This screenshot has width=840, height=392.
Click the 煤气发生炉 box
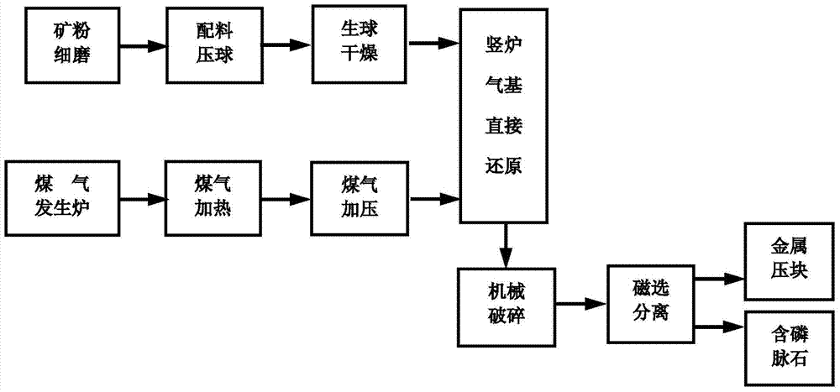click(x=63, y=198)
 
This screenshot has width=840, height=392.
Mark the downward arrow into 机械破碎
click(x=505, y=243)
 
